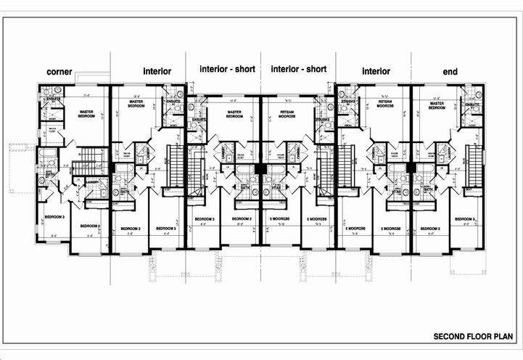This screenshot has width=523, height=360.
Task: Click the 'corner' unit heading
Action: click(62, 72)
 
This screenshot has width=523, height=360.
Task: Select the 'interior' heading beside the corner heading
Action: click(157, 71)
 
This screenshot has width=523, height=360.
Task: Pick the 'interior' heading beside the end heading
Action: click(375, 71)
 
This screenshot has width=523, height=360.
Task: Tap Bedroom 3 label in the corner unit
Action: click(54, 217)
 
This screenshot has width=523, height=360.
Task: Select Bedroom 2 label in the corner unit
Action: click(89, 226)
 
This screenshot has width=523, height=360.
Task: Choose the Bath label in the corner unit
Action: click(49, 175)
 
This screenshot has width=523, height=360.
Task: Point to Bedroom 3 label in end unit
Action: click(465, 218)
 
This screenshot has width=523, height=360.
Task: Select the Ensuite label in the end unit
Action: click(471, 106)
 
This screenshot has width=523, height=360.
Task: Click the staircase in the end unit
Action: click(476, 166)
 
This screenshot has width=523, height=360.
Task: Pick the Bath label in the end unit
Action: click(428, 190)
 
